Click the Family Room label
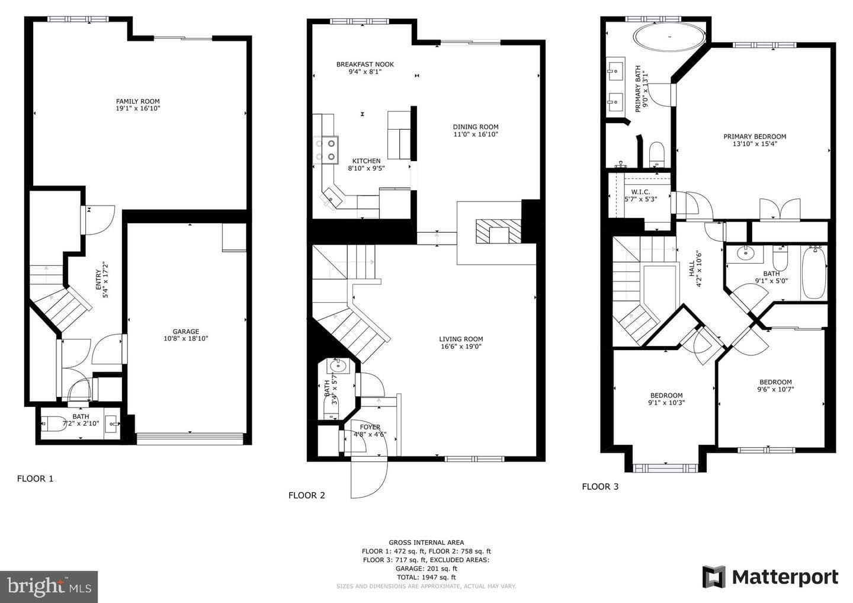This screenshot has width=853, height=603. pos(138,101)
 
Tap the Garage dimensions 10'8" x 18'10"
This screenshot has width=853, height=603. pos(186,338)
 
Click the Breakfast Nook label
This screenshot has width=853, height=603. pos(365,65)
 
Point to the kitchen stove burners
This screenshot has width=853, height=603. pos(326,150)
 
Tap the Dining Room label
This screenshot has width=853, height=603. pos(476,127)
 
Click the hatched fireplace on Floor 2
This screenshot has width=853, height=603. pos(499,231)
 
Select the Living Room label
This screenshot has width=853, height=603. pos(461,339)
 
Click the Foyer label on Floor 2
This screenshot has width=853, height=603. pos(370,427)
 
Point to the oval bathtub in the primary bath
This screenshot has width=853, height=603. pos(669,37)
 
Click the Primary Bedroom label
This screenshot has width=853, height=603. pos(755,136)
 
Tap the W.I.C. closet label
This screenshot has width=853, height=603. pos(640,192)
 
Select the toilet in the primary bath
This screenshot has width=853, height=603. pos(656,155)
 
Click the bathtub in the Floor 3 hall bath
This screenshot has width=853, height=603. pos(814,272)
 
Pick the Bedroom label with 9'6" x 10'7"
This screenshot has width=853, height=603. pos(776,382)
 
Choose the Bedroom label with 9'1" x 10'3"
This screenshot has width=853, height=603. pos(666,395)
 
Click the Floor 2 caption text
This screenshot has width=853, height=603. pos(307,495)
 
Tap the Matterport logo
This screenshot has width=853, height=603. pos(770,577)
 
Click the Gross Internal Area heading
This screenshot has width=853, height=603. pos(426,543)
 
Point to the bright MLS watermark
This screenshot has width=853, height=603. pos(49,586)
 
